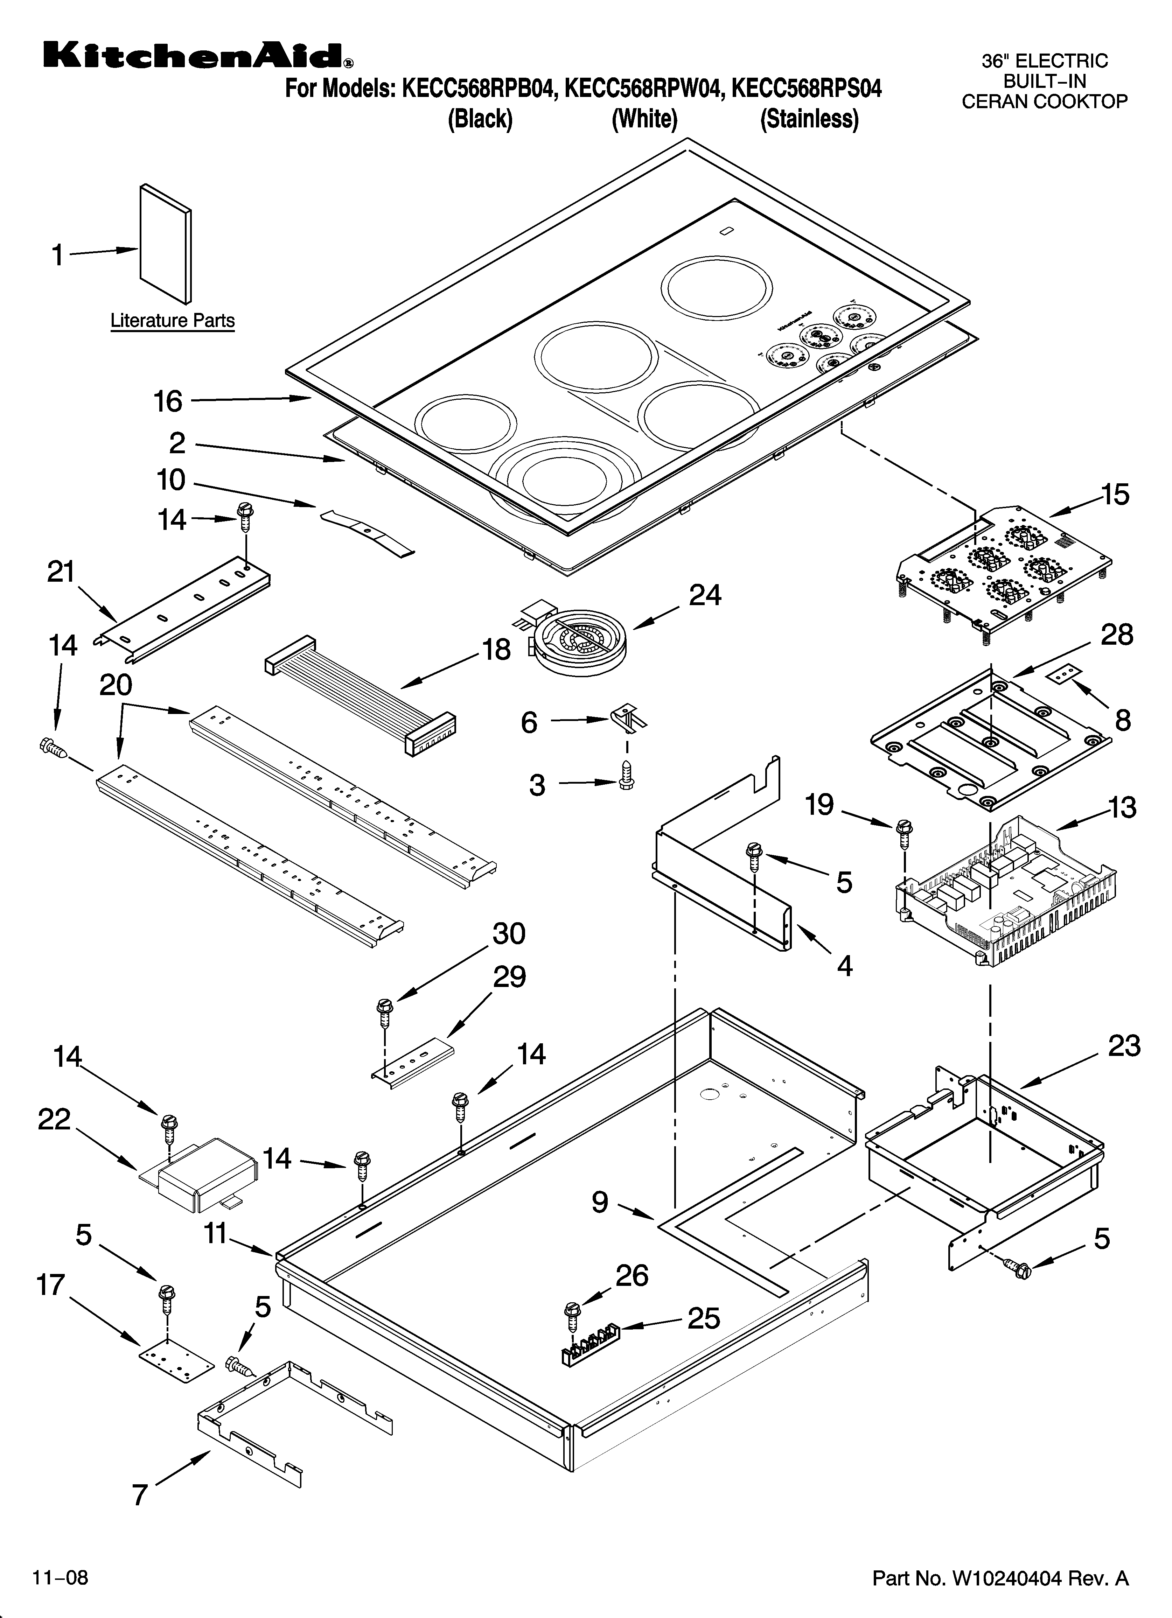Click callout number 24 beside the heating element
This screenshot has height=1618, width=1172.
[x=704, y=595]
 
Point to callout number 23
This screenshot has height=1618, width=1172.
[x=1124, y=1046]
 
